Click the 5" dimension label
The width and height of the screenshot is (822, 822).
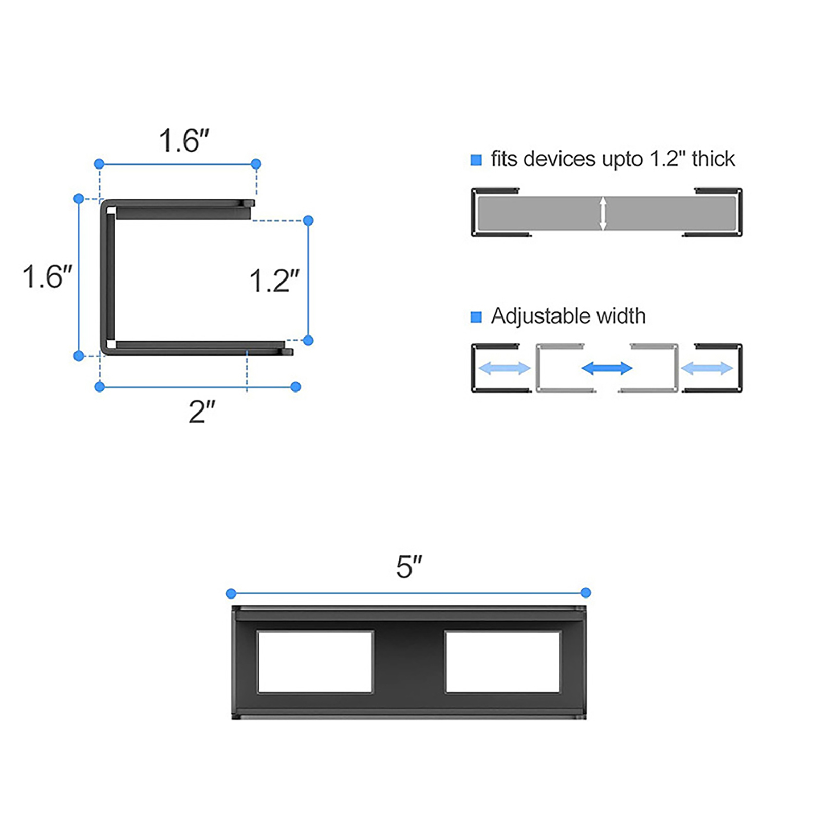pyautogui.click(x=409, y=567)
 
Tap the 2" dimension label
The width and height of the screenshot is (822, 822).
pyautogui.click(x=202, y=412)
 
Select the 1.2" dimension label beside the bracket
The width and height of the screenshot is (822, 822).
pyautogui.click(x=274, y=281)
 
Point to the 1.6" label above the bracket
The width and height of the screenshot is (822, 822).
pyautogui.click(x=184, y=140)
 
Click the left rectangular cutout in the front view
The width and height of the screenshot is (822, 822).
pyautogui.click(x=315, y=662)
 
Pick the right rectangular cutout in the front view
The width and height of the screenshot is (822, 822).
pyautogui.click(x=503, y=662)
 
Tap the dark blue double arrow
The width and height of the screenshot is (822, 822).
pyautogui.click(x=607, y=368)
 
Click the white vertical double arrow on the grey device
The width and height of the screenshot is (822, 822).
pyautogui.click(x=603, y=213)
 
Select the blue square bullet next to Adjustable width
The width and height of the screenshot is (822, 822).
pyautogui.click(x=476, y=317)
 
